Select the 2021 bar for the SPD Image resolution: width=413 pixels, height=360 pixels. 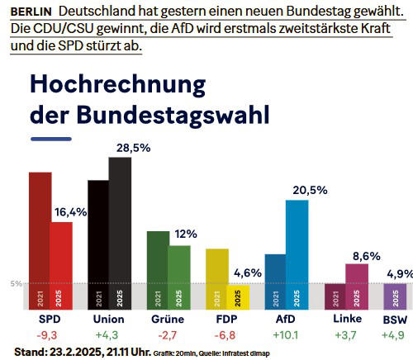coord(40,239)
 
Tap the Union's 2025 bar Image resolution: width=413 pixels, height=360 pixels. coord(120,232)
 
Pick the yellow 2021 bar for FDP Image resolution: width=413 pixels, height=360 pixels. coord(216,277)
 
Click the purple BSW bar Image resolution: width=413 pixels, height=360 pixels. coord(395,295)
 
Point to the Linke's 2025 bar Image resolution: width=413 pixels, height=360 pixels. coord(357,285)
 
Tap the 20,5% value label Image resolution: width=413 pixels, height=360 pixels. coord(310,190)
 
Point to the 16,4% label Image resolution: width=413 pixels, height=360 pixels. coord(70,212)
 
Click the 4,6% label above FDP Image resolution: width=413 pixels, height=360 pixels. coord(248,273)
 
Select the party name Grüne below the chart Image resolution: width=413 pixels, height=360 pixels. coord(168,319)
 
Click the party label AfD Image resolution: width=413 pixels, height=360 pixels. coord(286,319)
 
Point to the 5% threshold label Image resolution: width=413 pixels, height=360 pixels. coord(16,284)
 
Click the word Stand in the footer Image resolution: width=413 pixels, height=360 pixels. coord(31,352)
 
